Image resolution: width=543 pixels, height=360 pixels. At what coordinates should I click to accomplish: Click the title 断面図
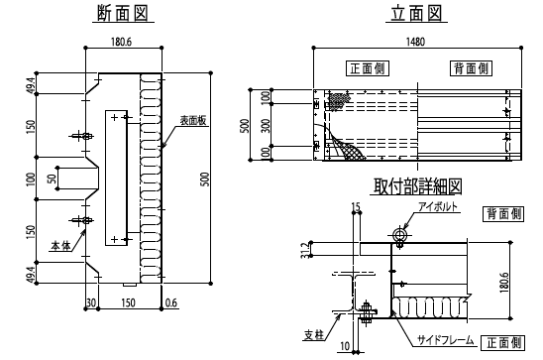pos(123,14)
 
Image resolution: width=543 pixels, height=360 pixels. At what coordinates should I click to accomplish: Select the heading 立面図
pos(416,14)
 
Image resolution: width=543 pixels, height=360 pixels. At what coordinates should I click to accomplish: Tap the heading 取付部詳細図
pos(417,186)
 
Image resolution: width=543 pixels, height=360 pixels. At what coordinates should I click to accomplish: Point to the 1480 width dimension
pos(415,42)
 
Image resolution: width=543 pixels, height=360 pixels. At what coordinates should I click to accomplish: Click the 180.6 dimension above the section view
pos(121,42)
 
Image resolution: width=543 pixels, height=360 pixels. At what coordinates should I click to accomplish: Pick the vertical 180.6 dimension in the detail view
pos(504,282)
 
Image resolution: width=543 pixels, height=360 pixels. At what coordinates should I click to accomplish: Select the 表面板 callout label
pos(193,120)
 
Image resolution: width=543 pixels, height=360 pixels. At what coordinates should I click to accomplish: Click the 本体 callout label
pos(61,245)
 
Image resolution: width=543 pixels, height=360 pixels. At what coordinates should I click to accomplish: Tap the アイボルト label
pos(438,206)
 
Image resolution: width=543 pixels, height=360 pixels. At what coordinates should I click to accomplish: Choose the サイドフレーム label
pos(445,340)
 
